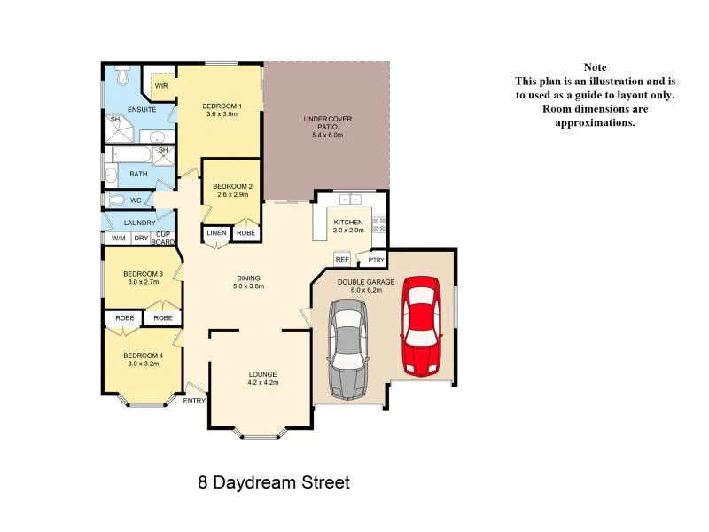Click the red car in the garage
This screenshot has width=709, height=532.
click(421, 325)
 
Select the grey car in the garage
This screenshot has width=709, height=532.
click(347, 348)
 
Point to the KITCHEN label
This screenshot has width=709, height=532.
click(348, 222)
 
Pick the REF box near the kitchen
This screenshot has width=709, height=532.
click(341, 260)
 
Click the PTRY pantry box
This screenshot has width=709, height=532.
click(375, 260)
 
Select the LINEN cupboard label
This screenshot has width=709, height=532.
click(215, 234)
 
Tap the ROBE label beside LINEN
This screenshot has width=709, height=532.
click(245, 234)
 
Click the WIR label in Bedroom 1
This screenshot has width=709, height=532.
click(161, 86)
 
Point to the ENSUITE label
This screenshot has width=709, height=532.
click(142, 110)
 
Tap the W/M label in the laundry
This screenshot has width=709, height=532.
click(117, 239)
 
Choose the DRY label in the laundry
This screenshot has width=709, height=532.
click(141, 239)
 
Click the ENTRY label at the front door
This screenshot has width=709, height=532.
click(194, 401)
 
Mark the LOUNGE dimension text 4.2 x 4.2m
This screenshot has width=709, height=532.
click(263, 383)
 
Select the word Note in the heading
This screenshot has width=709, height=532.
click(595, 67)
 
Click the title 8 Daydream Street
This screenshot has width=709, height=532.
click(274, 483)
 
